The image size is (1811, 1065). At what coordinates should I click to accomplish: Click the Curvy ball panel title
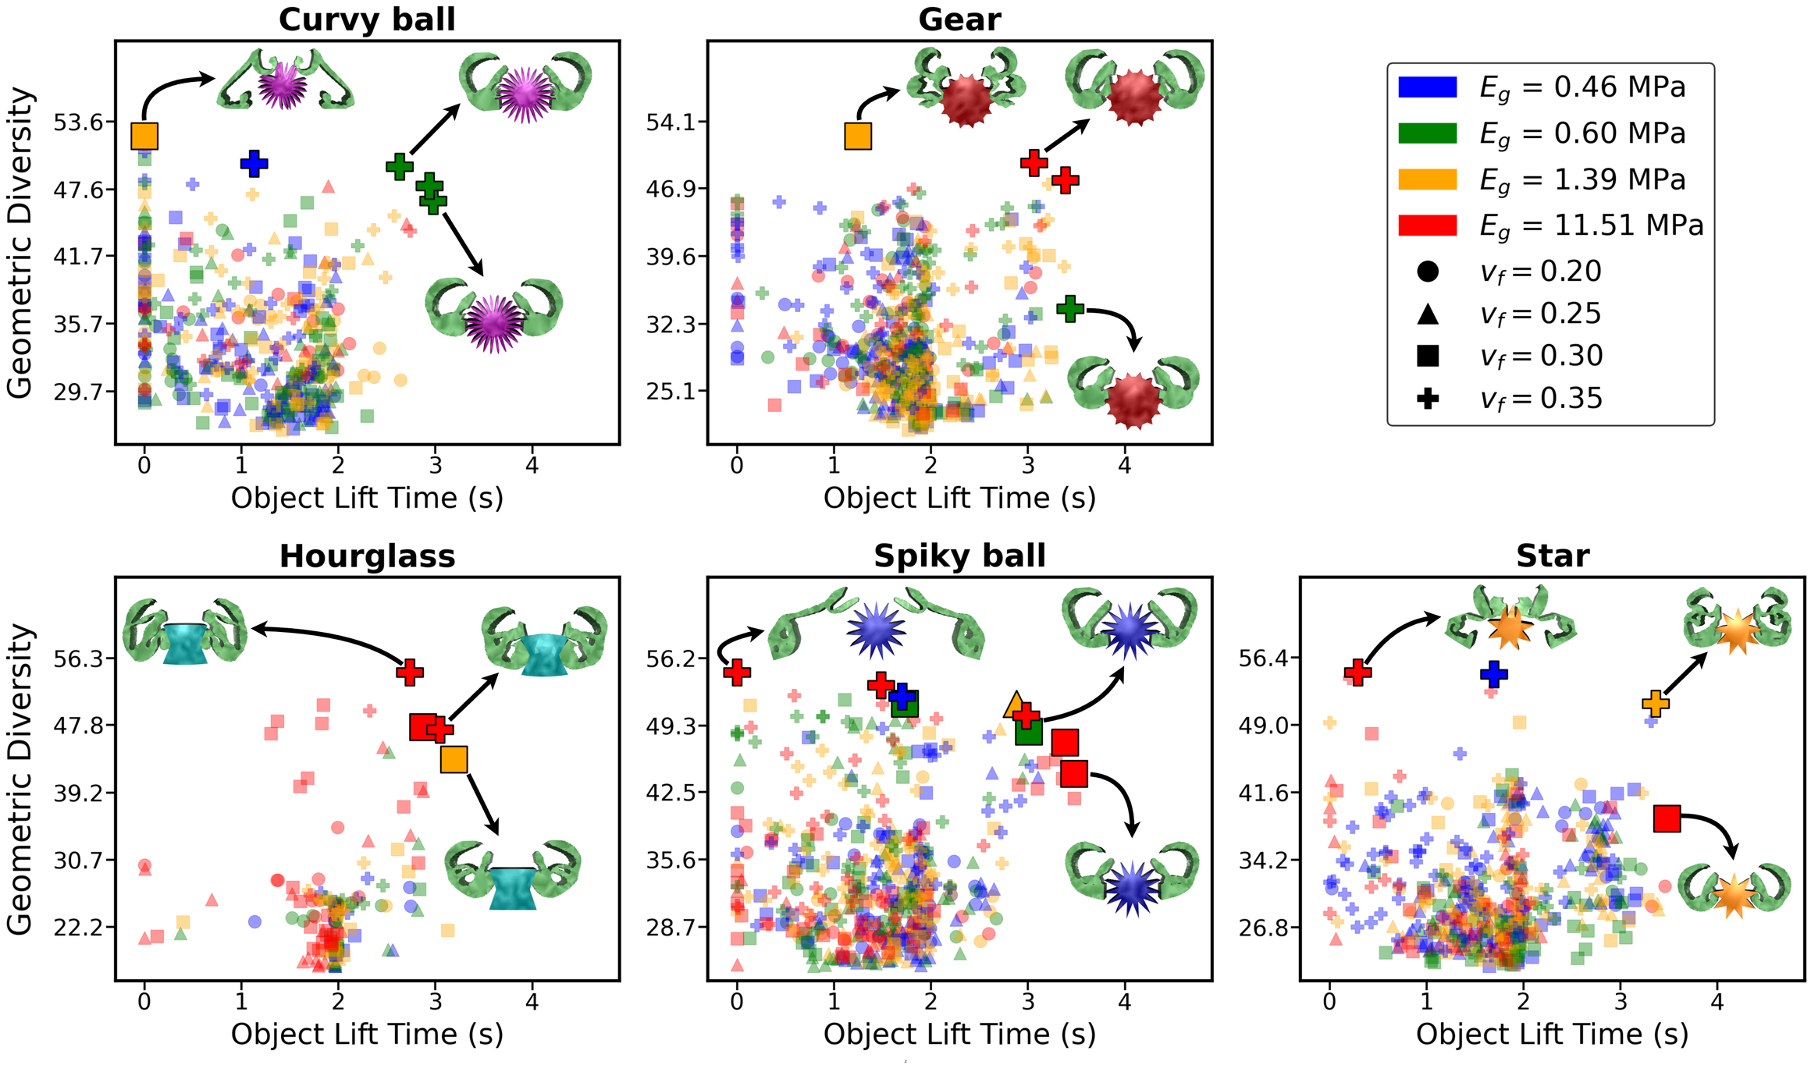click(367, 20)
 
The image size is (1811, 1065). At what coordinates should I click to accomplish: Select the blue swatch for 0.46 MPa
click(1428, 87)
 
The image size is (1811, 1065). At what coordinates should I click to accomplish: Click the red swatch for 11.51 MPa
click(1428, 225)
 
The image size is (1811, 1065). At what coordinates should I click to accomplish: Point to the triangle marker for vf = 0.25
click(1428, 314)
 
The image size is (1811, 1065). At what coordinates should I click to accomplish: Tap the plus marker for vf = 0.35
click(1428, 399)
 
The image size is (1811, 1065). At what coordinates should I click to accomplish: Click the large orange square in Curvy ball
click(144, 136)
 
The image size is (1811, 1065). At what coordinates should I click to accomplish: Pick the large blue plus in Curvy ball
click(254, 164)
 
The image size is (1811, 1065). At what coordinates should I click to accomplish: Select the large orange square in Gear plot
click(858, 137)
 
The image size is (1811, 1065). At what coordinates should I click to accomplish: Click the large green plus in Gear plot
click(1070, 308)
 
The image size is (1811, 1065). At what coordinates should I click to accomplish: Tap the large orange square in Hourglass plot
click(454, 759)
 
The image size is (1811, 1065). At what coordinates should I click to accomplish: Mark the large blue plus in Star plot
click(1494, 673)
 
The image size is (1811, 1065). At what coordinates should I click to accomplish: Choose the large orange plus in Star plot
click(1656, 704)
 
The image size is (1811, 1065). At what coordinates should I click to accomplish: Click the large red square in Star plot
click(1667, 818)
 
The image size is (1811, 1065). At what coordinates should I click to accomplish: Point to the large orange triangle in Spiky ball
click(1016, 705)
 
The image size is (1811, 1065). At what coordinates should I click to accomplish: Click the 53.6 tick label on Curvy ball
click(77, 122)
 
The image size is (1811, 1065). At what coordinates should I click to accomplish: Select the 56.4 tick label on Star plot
click(1264, 659)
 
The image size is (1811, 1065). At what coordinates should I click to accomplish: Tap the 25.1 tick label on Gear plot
click(671, 390)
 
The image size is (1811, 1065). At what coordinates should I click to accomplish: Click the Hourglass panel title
click(367, 556)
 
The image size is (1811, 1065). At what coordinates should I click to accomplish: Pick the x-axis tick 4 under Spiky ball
click(1124, 1001)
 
